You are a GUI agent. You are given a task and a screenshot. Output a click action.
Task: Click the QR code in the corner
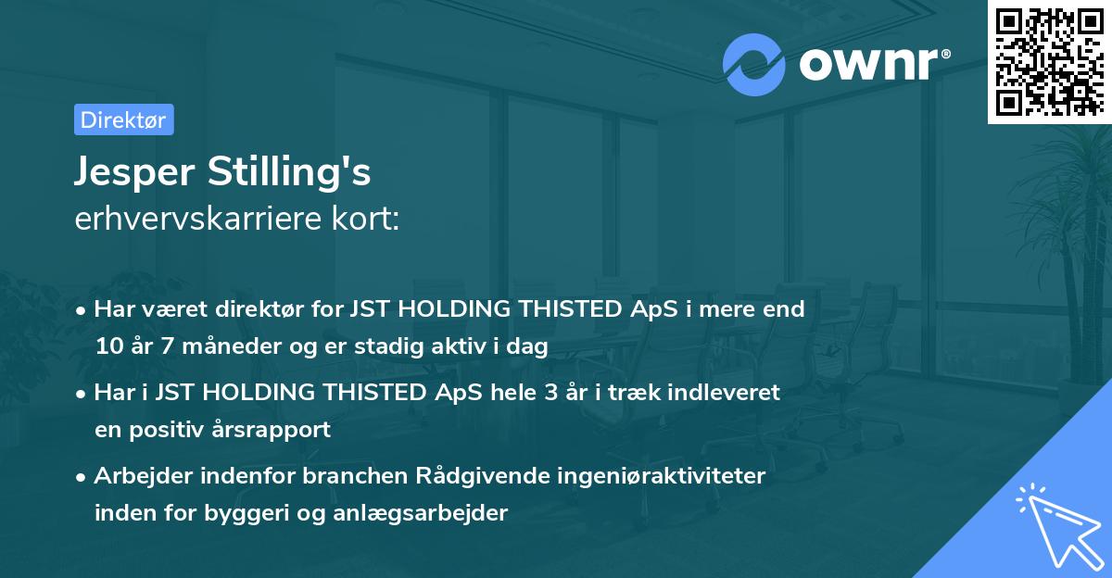click(1048, 61)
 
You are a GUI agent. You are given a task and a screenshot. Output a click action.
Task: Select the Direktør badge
click(123, 119)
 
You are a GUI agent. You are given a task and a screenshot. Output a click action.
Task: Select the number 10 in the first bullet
click(107, 346)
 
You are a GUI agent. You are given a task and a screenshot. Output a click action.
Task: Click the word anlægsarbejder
click(435, 513)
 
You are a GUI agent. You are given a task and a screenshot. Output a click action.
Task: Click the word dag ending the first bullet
click(531, 346)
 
